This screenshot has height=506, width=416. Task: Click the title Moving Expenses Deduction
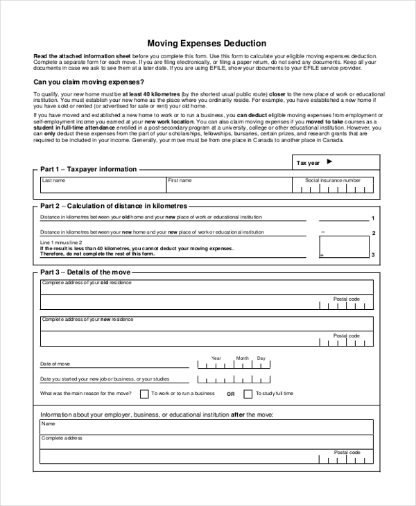[x=207, y=43]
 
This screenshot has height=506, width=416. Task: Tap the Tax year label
[x=308, y=163]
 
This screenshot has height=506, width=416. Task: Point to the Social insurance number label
[x=333, y=180]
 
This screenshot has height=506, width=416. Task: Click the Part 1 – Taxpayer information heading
[x=88, y=169]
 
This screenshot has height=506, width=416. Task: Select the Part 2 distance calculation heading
[x=114, y=206]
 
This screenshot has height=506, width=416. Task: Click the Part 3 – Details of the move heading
[x=85, y=272]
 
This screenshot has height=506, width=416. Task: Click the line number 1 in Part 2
[x=373, y=219]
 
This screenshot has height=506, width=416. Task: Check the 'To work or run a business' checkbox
[x=144, y=394]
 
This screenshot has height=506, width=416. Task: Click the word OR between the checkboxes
[x=230, y=394]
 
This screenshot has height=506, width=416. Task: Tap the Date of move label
[x=55, y=364]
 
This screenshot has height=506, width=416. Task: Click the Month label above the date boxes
[x=242, y=358]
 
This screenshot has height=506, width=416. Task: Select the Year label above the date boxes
[x=216, y=358]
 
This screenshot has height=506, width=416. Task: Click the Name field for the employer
[x=206, y=426]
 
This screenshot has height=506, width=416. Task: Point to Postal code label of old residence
[x=346, y=299]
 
